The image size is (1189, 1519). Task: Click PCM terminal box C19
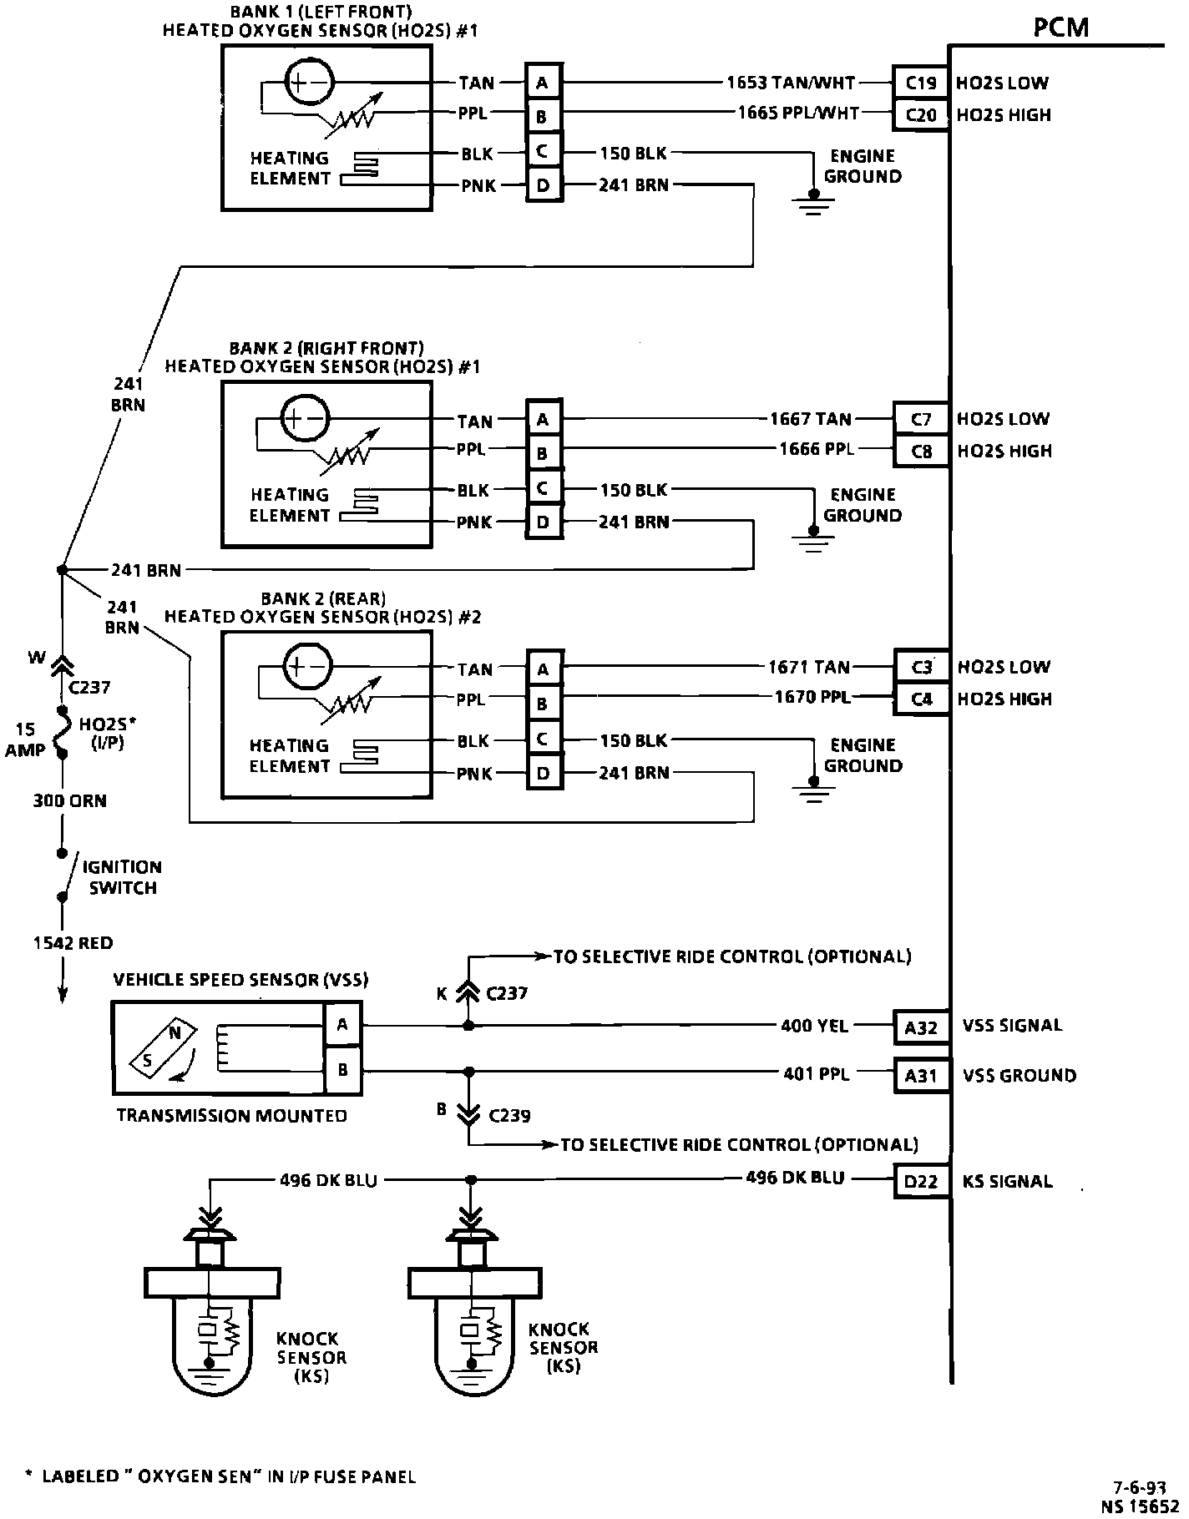click(920, 83)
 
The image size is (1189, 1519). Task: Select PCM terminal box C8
click(921, 452)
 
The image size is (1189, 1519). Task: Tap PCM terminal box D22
click(921, 1182)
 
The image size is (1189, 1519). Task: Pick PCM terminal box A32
click(921, 1027)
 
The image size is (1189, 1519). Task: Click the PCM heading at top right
click(1060, 28)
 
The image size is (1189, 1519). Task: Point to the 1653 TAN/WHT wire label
click(791, 83)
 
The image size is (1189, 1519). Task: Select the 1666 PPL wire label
click(817, 449)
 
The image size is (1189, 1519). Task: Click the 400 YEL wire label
click(814, 1026)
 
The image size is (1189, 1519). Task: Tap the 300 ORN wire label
click(69, 801)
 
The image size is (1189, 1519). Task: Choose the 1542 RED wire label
click(73, 943)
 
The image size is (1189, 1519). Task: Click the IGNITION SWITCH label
click(122, 877)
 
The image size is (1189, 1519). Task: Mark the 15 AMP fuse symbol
click(61, 732)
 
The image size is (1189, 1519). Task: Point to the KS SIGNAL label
click(1007, 1182)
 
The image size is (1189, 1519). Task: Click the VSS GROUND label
click(1019, 1076)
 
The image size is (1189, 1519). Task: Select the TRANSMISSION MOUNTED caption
click(231, 1116)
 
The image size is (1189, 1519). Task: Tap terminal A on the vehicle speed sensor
click(342, 1024)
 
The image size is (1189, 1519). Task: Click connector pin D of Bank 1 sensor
click(543, 185)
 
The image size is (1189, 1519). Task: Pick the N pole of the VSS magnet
click(175, 1032)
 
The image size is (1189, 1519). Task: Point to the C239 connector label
click(509, 1116)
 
